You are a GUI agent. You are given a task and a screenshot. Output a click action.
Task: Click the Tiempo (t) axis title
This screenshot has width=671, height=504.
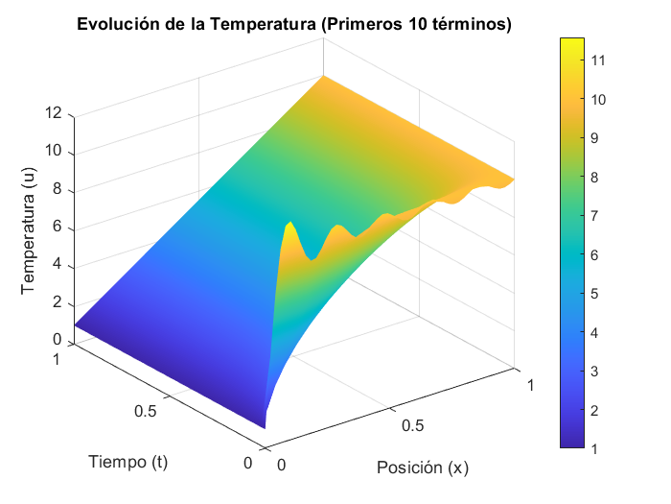[127, 461]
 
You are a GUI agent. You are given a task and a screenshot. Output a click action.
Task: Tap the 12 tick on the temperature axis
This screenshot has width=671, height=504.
[54, 113]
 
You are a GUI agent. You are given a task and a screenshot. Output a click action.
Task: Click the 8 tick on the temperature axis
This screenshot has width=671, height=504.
[58, 189]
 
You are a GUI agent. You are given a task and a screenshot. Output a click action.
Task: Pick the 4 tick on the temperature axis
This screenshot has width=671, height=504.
[58, 265]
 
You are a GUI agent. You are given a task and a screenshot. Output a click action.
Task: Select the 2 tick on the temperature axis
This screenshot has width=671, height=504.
[58, 303]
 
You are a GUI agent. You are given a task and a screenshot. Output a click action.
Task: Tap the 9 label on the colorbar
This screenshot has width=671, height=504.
[597, 138]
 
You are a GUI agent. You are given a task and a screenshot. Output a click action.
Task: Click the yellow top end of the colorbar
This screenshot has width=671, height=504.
[573, 43]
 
